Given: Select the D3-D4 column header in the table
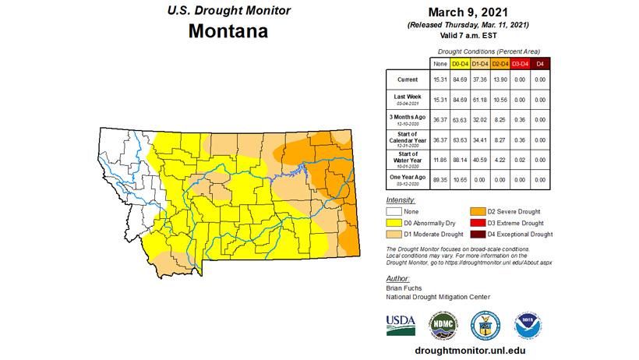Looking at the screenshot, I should (521, 62).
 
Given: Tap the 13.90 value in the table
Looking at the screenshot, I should (500, 79).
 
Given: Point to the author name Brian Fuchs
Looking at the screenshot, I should (405, 288).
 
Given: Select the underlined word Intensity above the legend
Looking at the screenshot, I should (401, 200).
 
